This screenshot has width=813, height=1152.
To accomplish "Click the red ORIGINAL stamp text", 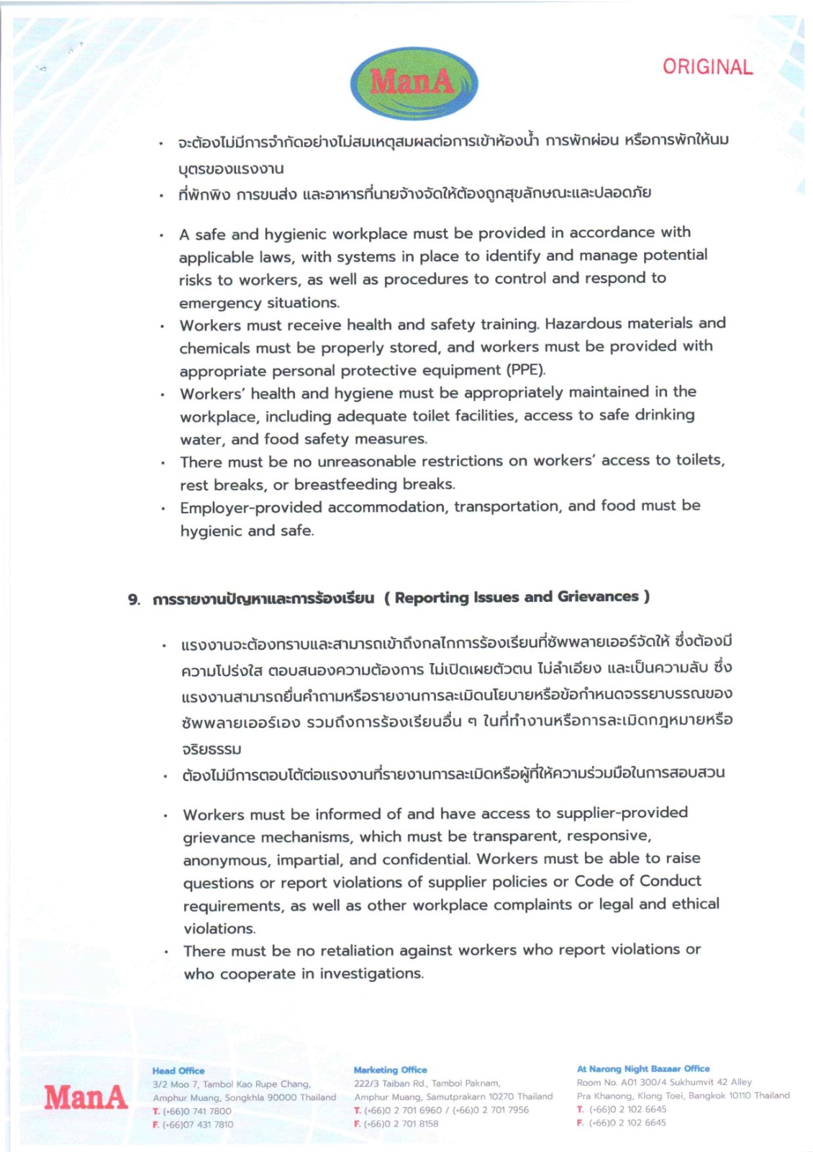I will coord(707,67).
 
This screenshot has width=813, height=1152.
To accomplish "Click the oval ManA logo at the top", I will coord(413,84).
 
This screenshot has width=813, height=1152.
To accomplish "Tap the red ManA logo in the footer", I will coord(86,1097).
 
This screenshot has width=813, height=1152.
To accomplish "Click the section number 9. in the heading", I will coord(135,599).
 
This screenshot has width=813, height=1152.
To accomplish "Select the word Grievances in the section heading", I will coord(598,596).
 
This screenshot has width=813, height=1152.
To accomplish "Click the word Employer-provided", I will coord(251,508).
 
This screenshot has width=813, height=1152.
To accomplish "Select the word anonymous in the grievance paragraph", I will coord(225,860).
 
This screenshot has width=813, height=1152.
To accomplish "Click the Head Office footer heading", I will coord(178,1071).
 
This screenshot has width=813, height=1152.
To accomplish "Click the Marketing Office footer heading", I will coord(390,1070).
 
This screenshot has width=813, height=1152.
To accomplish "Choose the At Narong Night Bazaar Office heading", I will coord(642,1068).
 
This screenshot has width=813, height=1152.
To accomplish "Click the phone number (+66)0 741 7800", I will coord(197,1111).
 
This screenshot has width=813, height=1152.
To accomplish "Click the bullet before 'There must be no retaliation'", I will coord(166,952).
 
